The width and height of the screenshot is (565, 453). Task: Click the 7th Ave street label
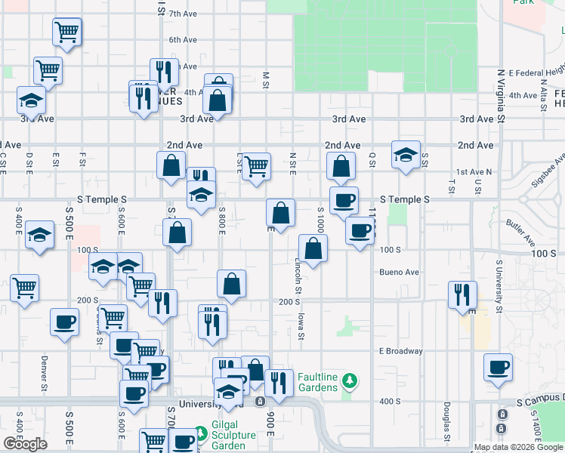pyautogui.click(x=183, y=14)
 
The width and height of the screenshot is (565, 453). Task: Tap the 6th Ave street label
pyautogui.click(x=183, y=39)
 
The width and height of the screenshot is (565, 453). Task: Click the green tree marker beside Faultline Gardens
pyautogui.click(x=348, y=378)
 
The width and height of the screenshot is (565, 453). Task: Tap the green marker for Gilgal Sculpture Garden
pyautogui.click(x=200, y=434)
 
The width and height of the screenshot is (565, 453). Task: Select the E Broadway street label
pyautogui.click(x=401, y=351)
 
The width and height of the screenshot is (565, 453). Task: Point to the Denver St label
pyautogui.click(x=45, y=371)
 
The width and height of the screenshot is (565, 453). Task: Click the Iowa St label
pyautogui.click(x=301, y=325)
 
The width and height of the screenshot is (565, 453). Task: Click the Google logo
pyautogui.click(x=25, y=444)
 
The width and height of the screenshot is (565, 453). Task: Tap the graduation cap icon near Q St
pyautogui.click(x=406, y=155)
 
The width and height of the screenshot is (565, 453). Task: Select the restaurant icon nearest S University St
pyautogui.click(x=462, y=294)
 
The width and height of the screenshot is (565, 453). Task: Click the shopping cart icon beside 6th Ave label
pyautogui.click(x=67, y=32)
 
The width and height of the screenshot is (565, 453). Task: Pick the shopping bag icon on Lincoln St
pyautogui.click(x=313, y=248)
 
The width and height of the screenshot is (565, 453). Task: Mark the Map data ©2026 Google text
pyautogui.click(x=517, y=447)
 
